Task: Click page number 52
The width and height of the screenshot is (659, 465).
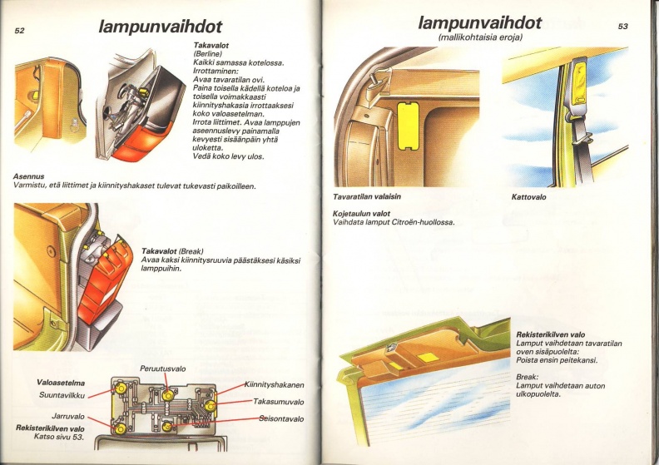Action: coord(20,31)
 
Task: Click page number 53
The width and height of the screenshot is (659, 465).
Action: coord(623,27)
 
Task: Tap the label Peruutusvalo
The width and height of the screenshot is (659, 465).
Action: coord(162,369)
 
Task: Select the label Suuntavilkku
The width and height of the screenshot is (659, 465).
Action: coord(62,395)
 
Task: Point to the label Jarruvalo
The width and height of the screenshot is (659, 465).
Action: coord(68,416)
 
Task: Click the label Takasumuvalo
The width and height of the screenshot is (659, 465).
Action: coord(278,402)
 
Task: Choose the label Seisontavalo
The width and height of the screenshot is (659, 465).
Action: coord(281,418)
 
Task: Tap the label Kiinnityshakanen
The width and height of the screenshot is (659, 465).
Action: coord(275,385)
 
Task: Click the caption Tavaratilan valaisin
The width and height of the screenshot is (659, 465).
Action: coord(367,196)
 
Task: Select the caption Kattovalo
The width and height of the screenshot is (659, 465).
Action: coord(528,197)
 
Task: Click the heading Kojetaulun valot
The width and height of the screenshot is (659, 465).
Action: coord(361,214)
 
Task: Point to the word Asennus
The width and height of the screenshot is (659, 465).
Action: coord(28,176)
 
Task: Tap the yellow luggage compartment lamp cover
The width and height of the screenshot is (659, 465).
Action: coord(408,126)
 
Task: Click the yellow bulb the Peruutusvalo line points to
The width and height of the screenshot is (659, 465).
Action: coord(168,395)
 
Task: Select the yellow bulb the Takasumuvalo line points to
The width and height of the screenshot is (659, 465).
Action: coord(211,405)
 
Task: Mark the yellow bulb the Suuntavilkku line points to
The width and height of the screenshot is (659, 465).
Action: coord(121,388)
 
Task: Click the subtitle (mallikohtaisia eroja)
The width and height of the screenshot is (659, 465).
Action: coord(480,37)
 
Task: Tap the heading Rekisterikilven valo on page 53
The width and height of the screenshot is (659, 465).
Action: coord(551,334)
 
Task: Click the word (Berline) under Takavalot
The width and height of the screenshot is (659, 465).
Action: coord(208,54)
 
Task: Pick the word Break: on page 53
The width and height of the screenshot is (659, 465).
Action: coord(527,377)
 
